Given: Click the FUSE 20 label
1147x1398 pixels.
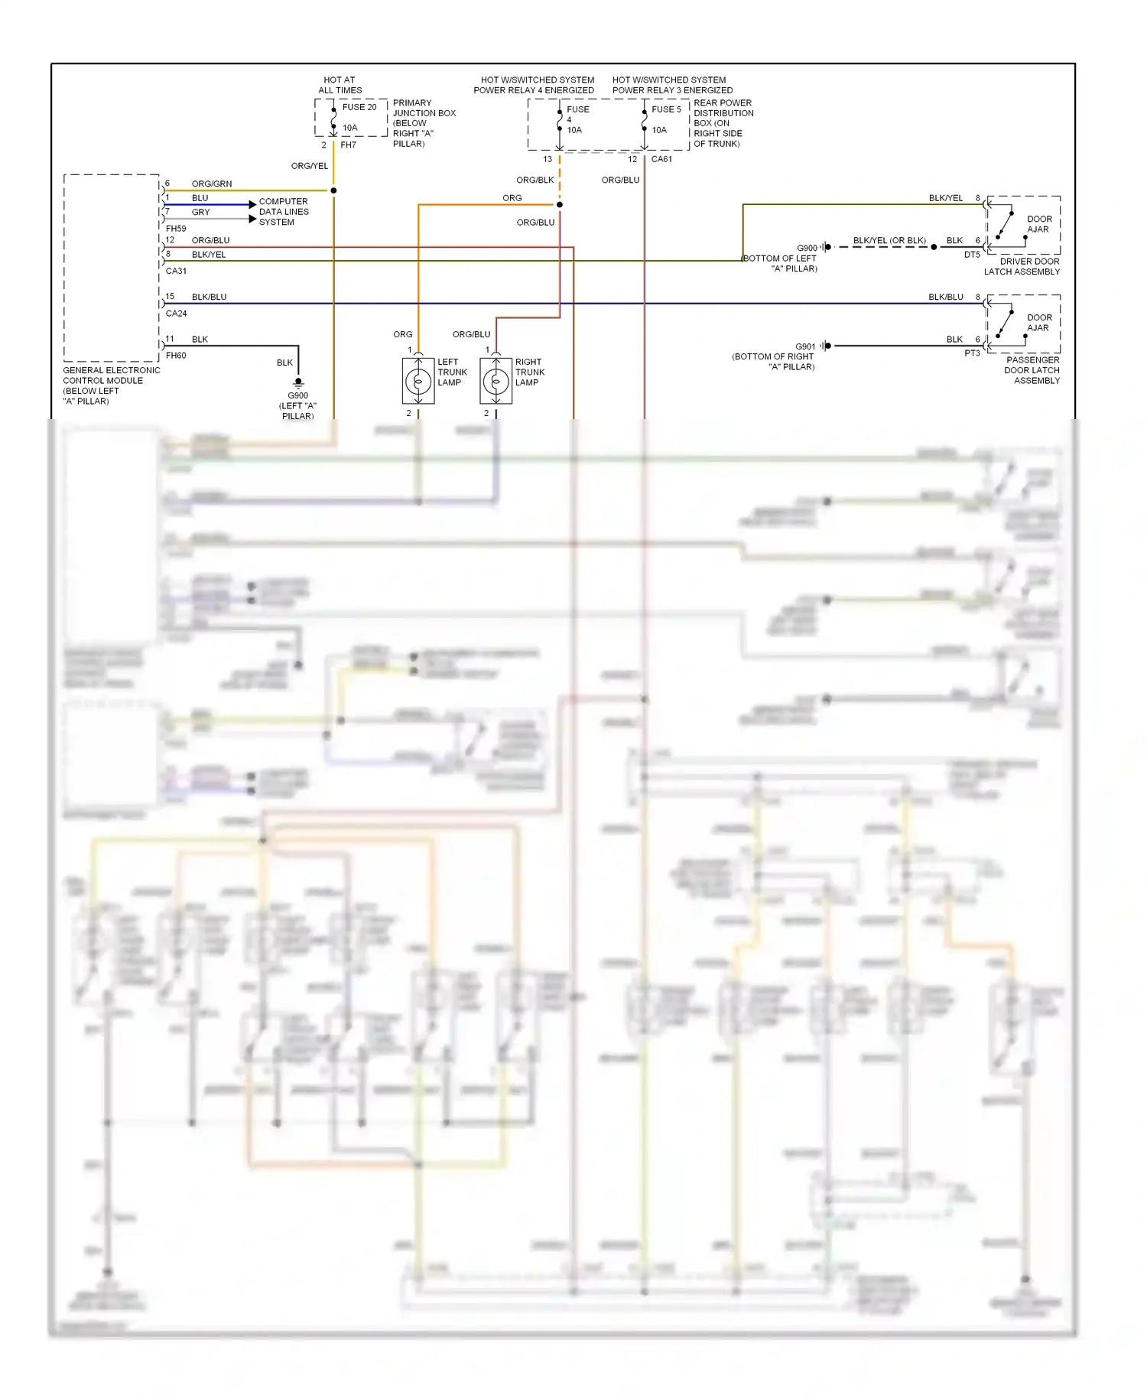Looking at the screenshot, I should coord(359,107).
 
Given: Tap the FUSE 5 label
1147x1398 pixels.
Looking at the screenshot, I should coord(666,109).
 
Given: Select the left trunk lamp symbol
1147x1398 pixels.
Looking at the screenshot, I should coord(418,380).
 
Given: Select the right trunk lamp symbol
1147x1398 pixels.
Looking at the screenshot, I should coord(496,380).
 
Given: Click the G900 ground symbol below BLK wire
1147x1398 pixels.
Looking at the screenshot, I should coord(298,382).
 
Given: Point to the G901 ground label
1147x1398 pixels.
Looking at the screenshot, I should coord(805,346).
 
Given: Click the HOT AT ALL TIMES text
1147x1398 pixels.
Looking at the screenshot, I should coord(340,85).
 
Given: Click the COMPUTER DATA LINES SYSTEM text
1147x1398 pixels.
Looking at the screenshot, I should coord(284,212).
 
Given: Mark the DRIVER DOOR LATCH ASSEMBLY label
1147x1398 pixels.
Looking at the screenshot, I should coord(1022,266).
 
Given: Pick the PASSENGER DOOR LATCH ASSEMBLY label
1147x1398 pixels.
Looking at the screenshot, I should coord(1032,370).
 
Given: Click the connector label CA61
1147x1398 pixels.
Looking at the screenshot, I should coord(661,159).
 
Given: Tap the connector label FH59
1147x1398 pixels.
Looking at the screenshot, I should coord(176,228).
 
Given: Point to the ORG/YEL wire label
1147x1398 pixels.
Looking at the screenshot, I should coord(310,166).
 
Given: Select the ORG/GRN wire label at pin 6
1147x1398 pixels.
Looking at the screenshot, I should coord(211,184).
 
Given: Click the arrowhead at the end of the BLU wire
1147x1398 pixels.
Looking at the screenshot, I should coord(253,204).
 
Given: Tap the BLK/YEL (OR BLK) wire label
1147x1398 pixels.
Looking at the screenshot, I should coord(889,240).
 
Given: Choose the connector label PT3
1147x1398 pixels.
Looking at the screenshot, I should coord(972,353).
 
